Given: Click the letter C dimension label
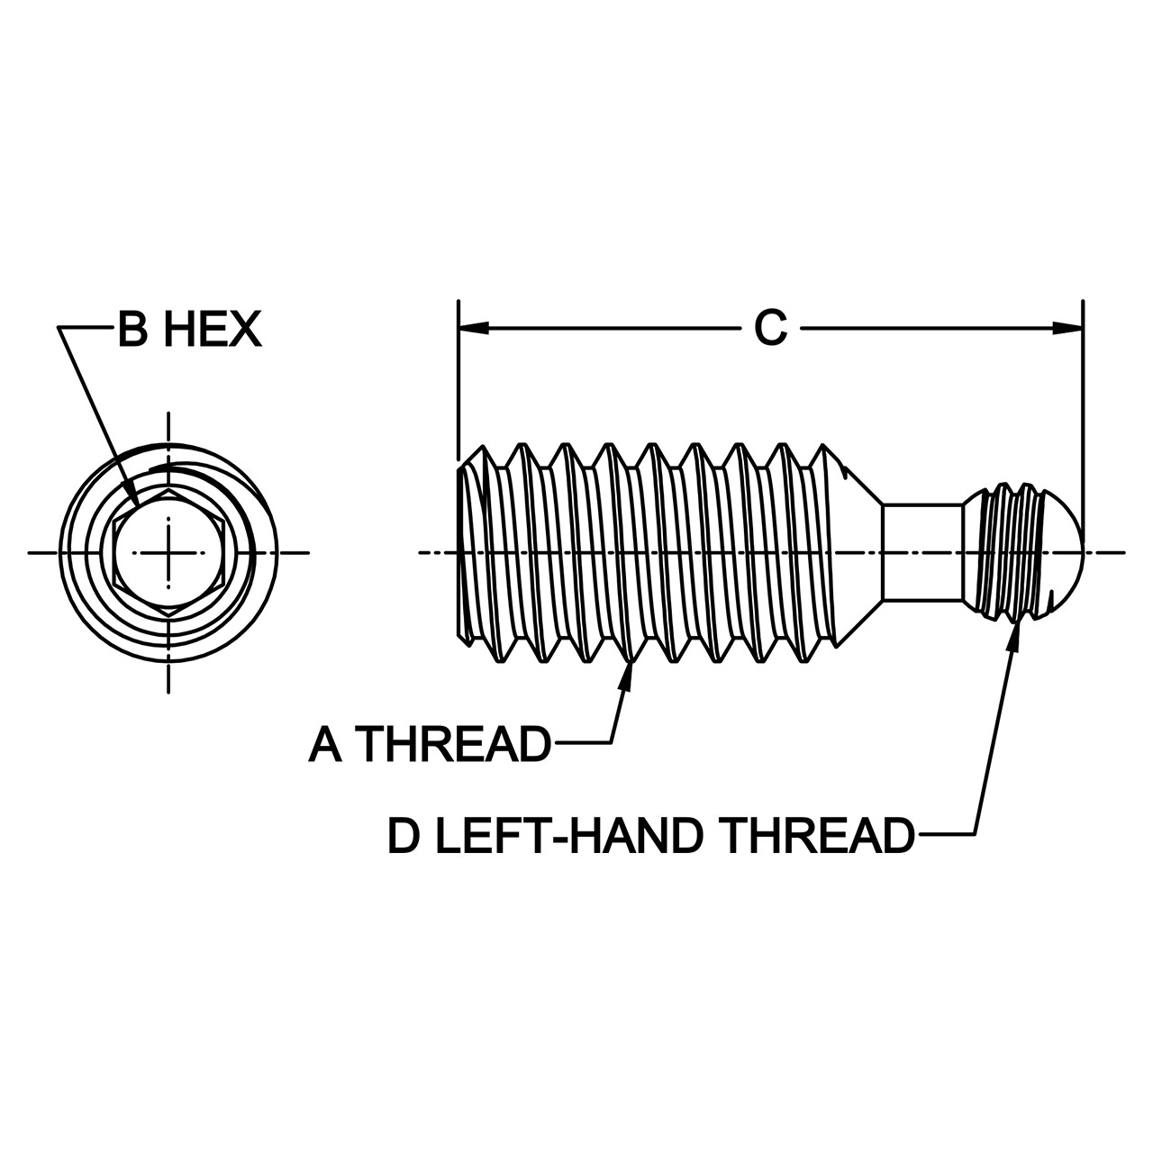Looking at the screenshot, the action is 770,328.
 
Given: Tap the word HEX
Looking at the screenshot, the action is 213,329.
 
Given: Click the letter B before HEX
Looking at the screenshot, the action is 132,329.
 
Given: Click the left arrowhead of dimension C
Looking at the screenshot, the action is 473,328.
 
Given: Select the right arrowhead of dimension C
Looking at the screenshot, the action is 1068,328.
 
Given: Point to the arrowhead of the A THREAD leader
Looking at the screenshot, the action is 628,676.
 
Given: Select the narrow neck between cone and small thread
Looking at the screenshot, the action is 922,551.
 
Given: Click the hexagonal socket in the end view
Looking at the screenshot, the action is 168,552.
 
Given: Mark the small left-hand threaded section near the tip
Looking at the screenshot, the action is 1005,552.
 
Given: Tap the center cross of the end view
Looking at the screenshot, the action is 168,552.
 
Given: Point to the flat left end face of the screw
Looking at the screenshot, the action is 459,552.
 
